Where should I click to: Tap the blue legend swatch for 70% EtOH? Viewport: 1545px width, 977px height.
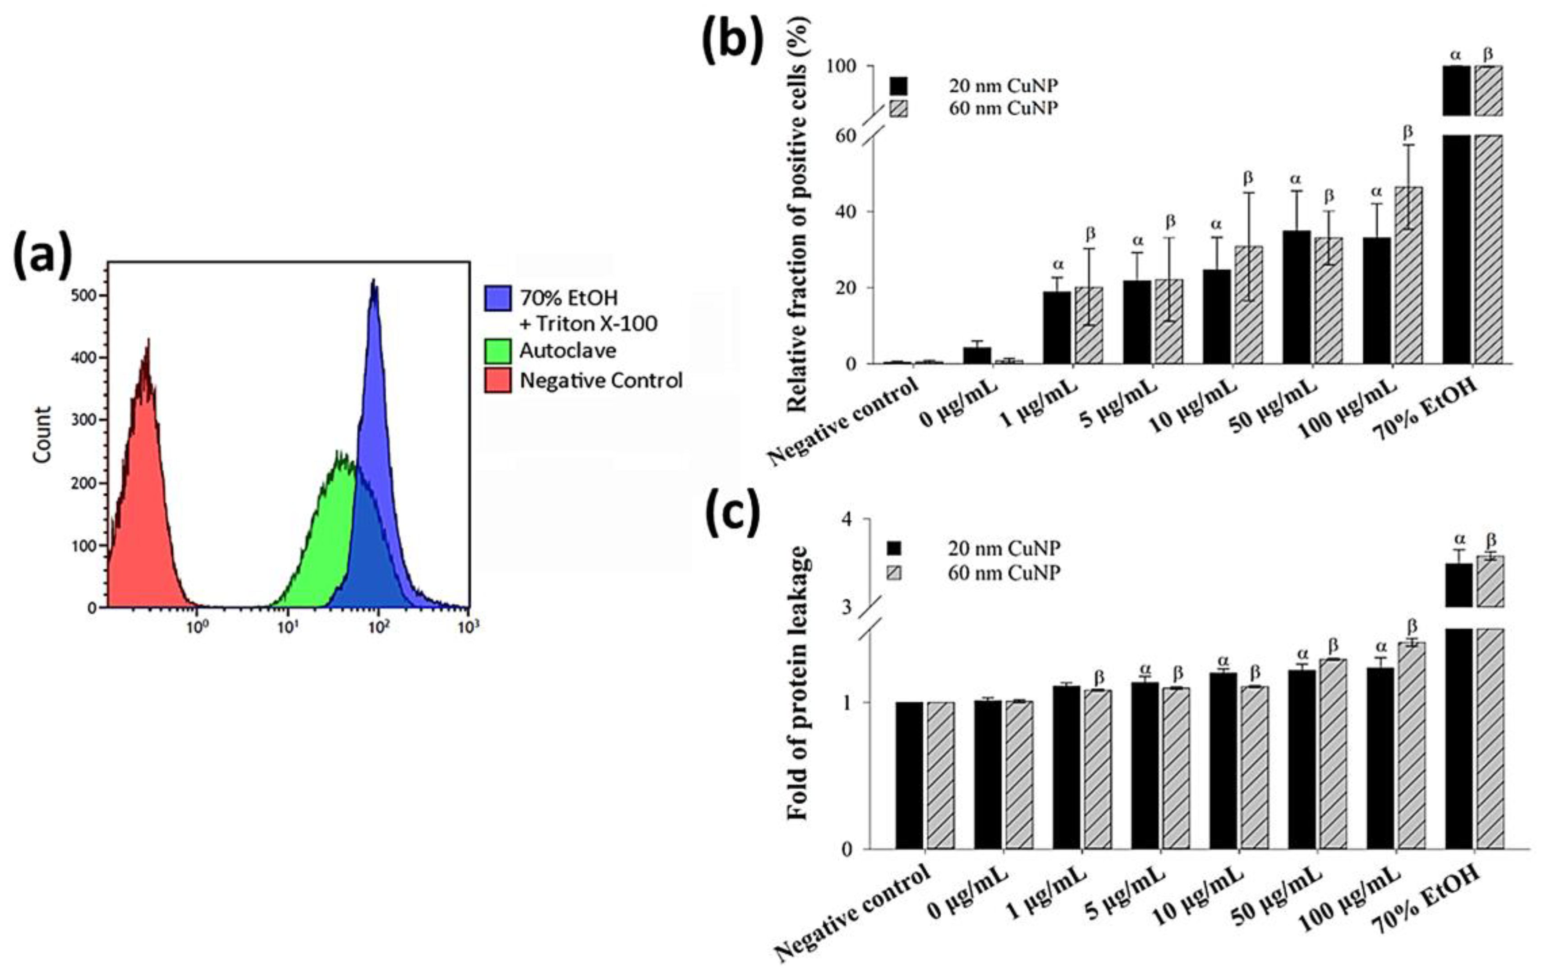(x=498, y=298)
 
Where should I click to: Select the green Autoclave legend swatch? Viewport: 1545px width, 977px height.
(x=498, y=351)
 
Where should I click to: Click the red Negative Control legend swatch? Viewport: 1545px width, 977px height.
(x=498, y=380)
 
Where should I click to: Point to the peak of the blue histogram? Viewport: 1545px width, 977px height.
(x=373, y=282)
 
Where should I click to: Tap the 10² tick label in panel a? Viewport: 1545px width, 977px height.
(x=378, y=626)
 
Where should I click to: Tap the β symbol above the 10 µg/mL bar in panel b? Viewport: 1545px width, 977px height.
(x=1247, y=178)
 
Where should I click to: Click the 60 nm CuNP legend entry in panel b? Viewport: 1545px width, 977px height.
(x=1003, y=108)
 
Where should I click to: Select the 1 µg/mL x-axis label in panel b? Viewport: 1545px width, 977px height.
(x=1039, y=411)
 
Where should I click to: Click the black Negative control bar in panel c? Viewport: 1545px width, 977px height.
(x=909, y=775)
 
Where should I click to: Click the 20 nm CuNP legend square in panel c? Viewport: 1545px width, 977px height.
(x=894, y=547)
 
